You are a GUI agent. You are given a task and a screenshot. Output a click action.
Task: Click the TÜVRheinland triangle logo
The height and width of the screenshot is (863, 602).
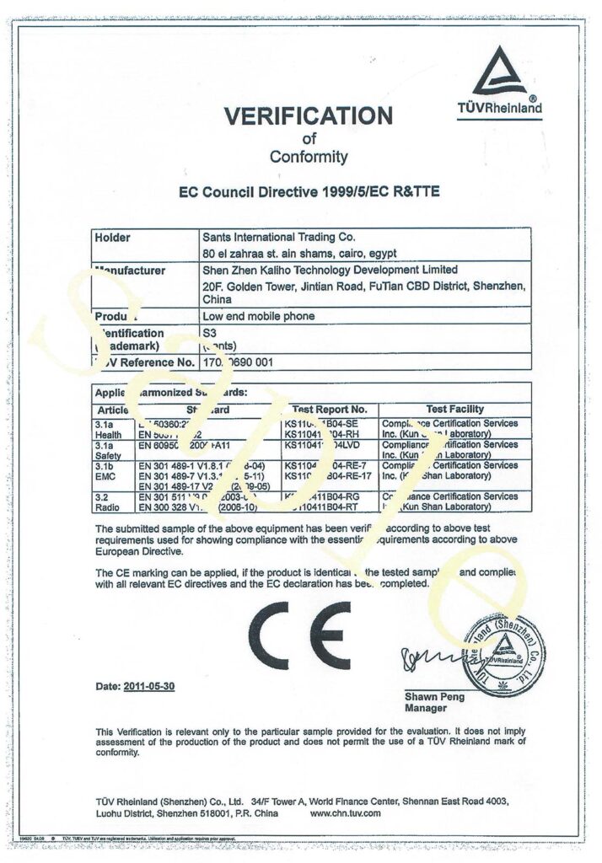click(504, 74)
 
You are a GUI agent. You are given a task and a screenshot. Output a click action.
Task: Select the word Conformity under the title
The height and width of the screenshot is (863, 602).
click(308, 157)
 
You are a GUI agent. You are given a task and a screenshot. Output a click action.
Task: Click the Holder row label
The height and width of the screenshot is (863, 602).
click(113, 238)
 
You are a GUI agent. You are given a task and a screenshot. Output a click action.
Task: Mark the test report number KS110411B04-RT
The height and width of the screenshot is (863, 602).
click(329, 508)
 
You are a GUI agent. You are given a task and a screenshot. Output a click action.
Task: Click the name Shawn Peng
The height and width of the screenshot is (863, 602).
click(434, 697)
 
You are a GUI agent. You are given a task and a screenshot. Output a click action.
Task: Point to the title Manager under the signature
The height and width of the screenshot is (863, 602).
click(426, 709)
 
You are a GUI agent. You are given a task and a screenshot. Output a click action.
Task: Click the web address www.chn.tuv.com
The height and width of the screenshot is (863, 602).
click(346, 813)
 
